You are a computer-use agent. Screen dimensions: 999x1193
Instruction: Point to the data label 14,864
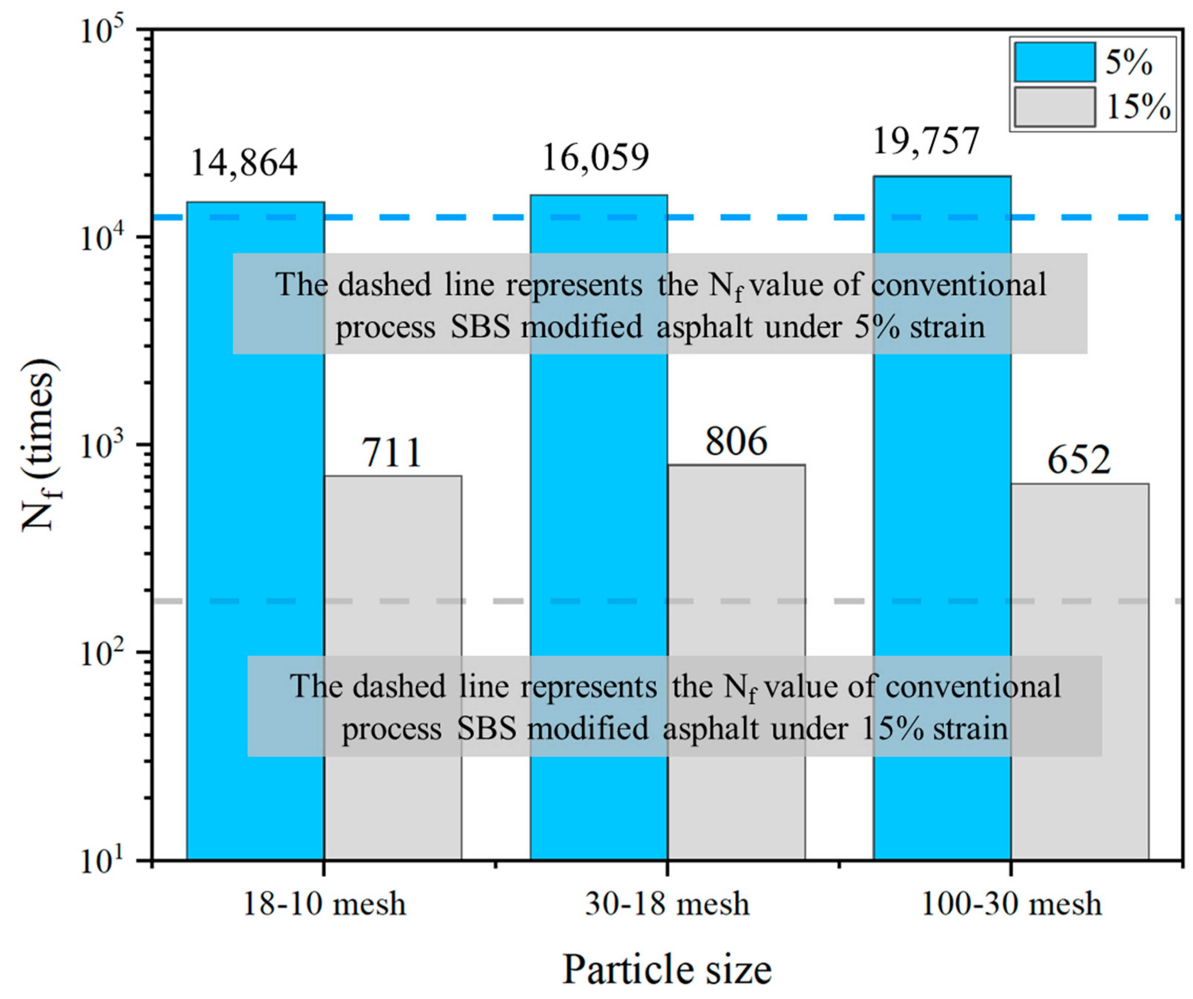pos(243,163)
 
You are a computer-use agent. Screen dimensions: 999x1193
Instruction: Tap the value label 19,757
pos(926,141)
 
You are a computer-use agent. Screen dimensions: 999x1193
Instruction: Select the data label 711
pos(392,453)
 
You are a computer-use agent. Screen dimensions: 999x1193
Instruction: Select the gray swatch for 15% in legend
pos(1055,107)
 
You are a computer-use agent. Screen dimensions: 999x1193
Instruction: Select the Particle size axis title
pos(667,969)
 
